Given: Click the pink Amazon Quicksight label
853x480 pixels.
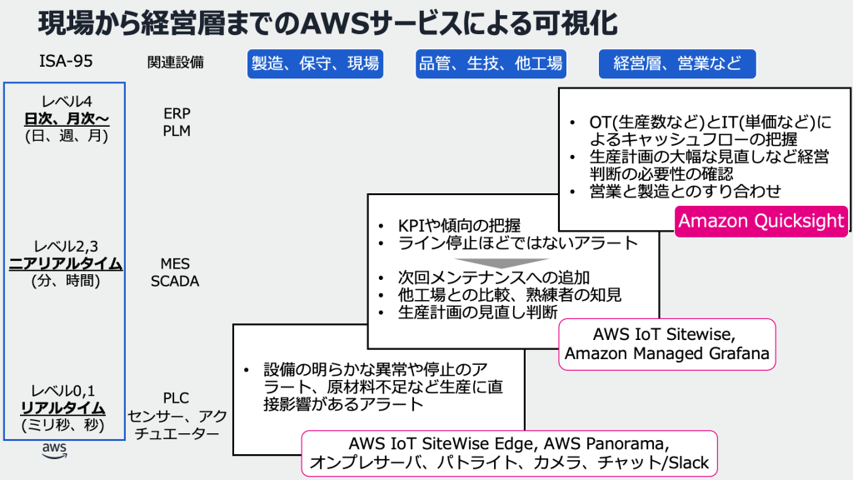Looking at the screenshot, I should click(x=761, y=222).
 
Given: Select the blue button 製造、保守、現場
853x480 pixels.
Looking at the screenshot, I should click(x=315, y=63).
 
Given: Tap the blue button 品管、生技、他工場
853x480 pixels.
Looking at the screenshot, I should click(x=490, y=63).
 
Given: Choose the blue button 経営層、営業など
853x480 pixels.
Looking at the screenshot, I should click(x=676, y=63).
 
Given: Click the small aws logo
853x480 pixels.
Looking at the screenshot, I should click(x=54, y=451).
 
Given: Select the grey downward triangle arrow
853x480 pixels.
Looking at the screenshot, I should click(x=484, y=260).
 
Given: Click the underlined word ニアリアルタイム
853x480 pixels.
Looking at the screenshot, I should click(x=66, y=264).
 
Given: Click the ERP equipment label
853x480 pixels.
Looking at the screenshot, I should click(x=177, y=114).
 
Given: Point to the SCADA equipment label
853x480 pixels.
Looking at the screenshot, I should click(x=175, y=281).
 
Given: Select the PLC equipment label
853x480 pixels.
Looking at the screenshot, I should click(x=177, y=398).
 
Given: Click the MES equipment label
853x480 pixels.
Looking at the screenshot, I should click(x=175, y=264).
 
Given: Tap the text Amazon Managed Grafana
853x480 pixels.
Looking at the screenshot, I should click(x=666, y=353).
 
